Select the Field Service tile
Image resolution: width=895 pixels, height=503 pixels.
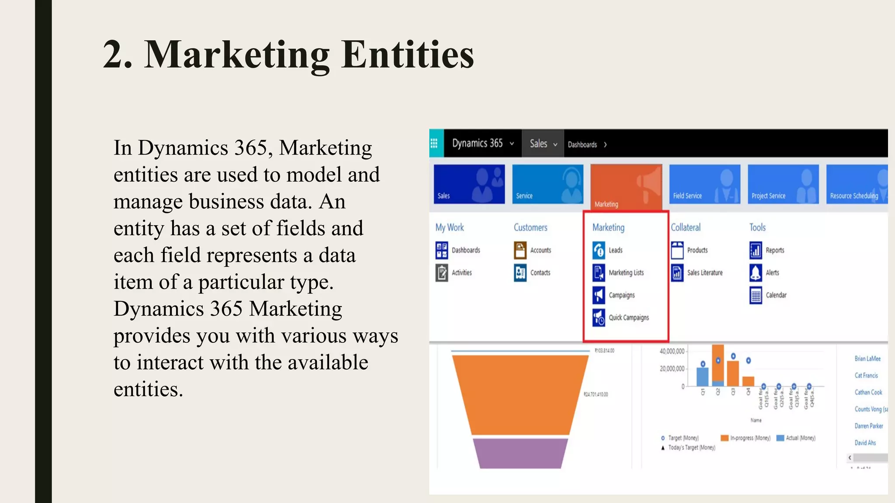coord(704,184)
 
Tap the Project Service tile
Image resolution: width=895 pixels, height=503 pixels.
coord(783,184)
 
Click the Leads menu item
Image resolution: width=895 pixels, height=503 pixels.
coord(615,250)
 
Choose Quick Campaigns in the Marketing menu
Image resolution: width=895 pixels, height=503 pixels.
coord(628,317)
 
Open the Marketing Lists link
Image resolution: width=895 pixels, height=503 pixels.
coord(626,272)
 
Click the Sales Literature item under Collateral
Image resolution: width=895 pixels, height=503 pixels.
coord(704,272)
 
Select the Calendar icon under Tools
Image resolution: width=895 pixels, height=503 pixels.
coord(756,295)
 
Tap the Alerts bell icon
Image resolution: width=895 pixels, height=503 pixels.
coord(756,272)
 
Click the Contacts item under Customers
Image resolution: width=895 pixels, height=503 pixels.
coord(540,272)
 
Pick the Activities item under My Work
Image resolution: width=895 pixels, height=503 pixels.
coord(461,272)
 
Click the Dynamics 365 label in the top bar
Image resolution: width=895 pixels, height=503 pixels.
coord(477,143)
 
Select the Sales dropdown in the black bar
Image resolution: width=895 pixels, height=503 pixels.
coord(543,144)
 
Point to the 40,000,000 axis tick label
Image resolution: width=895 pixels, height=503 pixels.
coord(672,351)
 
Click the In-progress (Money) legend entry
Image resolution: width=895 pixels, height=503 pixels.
coord(749,438)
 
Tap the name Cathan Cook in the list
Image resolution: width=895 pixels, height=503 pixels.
coord(868,392)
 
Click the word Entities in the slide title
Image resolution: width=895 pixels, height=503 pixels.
coord(407,55)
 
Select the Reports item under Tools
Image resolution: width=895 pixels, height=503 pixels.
coord(774,250)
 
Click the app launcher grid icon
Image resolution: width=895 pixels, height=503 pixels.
coord(434,143)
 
